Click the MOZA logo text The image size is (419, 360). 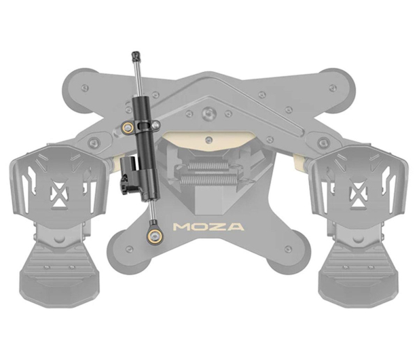[208, 227]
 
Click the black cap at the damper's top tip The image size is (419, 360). [136, 56]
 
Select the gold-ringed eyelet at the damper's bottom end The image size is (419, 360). [154, 236]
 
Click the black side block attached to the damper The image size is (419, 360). [128, 177]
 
